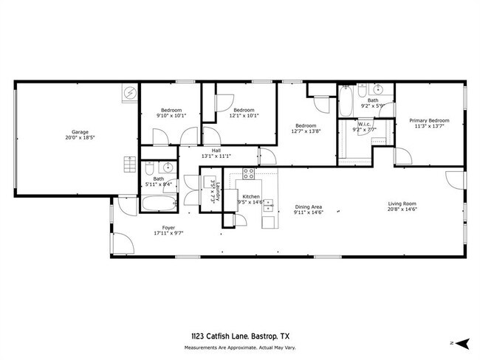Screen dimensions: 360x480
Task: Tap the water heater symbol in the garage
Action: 130,94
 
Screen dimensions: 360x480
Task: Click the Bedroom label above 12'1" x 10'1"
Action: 244,109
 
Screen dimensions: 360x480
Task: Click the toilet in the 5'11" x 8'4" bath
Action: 148,165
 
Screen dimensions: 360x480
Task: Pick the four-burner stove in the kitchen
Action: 249,175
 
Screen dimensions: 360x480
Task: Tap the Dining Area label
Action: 308,207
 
